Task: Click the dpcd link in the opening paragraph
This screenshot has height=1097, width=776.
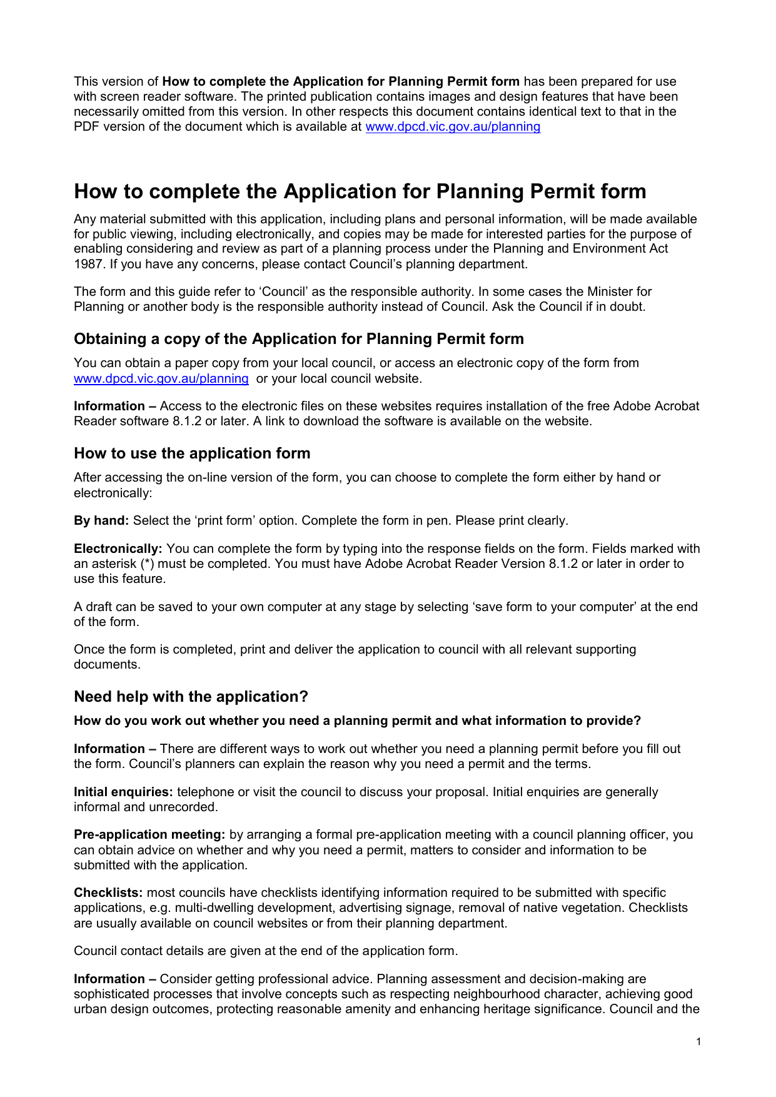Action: (453, 127)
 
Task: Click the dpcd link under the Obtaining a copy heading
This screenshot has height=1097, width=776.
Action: (161, 379)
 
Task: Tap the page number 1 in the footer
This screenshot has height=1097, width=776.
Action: (698, 1041)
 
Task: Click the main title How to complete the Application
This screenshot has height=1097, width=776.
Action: (360, 191)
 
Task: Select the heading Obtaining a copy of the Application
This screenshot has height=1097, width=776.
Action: (299, 339)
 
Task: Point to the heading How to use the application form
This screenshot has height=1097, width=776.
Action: (192, 453)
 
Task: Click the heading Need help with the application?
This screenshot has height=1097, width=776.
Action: (191, 697)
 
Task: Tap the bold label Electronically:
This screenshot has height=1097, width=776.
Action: (118, 549)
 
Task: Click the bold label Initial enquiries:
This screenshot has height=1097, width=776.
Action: (123, 792)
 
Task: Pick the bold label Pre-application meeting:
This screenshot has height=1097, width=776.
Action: (149, 835)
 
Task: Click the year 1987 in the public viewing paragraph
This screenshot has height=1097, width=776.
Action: (88, 265)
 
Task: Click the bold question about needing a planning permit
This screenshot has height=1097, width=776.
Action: (357, 721)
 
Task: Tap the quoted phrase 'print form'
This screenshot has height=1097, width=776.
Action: (224, 521)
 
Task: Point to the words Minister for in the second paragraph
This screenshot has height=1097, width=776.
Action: (619, 292)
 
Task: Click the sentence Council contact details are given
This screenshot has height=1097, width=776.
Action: (266, 951)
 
